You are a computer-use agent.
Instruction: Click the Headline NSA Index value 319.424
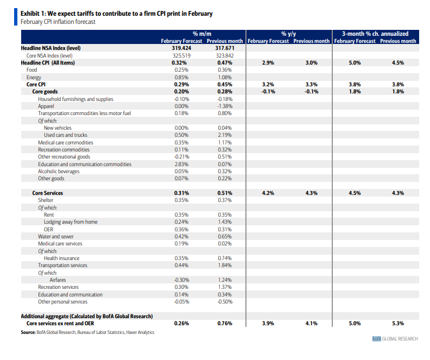[181, 48]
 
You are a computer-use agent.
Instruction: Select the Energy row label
[34, 77]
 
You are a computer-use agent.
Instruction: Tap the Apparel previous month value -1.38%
[225, 106]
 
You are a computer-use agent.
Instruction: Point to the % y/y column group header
[288, 34]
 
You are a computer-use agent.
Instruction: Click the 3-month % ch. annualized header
[375, 34]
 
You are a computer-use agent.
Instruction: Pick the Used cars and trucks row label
[66, 135]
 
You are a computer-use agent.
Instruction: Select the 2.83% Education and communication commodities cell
[181, 164]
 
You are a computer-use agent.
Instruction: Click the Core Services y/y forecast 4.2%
[268, 193]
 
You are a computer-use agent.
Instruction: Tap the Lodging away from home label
[71, 222]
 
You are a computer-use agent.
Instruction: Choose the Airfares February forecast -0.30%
[181, 280]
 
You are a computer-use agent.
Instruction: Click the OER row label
[48, 229]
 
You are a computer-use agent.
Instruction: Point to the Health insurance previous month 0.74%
[225, 258]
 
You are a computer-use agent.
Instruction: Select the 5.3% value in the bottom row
[398, 324]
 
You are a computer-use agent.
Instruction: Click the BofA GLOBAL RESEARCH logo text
[395, 339]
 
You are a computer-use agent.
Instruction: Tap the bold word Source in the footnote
[28, 332]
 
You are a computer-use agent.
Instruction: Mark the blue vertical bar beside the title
[16, 17]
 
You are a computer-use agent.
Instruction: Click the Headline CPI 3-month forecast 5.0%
[355, 63]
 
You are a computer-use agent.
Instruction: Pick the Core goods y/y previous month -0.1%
[311, 92]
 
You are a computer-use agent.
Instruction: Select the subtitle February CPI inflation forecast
[58, 22]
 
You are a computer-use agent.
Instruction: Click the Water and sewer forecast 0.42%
[181, 236]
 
